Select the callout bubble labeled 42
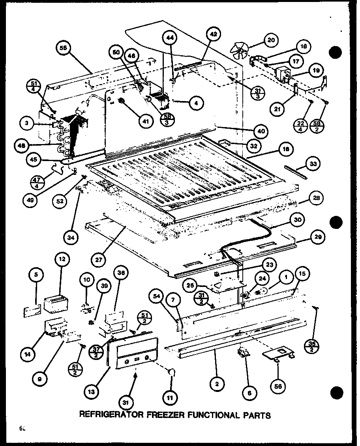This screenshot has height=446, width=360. (x=214, y=35)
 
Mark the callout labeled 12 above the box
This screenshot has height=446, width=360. (x=62, y=260)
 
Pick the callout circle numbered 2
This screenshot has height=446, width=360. (x=217, y=382)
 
